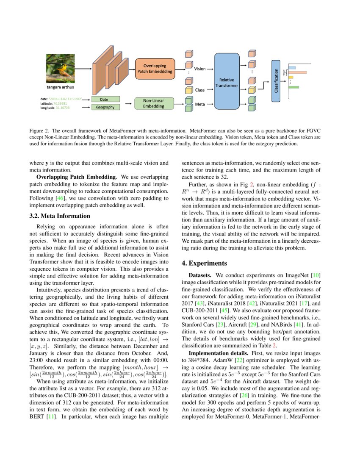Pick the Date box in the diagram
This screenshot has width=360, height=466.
[x=104, y=99]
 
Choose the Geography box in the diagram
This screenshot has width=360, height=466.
[x=104, y=107]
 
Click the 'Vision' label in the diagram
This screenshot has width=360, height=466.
[x=200, y=68]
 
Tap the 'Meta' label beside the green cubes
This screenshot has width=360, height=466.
[x=200, y=104]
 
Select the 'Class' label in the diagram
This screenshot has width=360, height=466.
[x=200, y=90]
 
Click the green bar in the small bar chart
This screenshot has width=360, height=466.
[x=294, y=87]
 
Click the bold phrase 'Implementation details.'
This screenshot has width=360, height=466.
[x=216, y=352]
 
